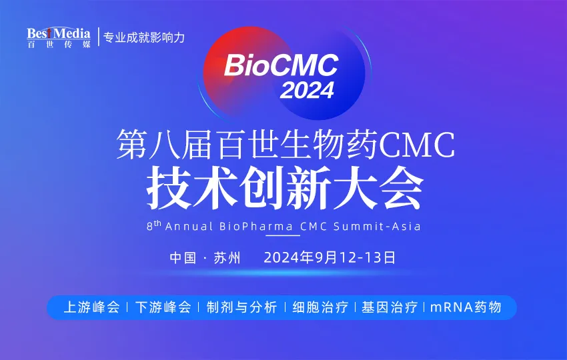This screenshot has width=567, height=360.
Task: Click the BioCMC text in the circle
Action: [x=281, y=65]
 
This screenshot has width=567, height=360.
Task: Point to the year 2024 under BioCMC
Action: [x=307, y=90]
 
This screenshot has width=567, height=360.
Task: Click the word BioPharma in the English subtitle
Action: [x=256, y=226]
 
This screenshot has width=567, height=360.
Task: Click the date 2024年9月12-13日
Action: [x=330, y=257]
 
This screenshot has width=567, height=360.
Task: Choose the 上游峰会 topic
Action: [x=91, y=307]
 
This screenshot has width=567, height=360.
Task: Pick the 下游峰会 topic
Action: [x=163, y=307]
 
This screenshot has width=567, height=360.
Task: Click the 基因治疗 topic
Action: [x=390, y=307]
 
